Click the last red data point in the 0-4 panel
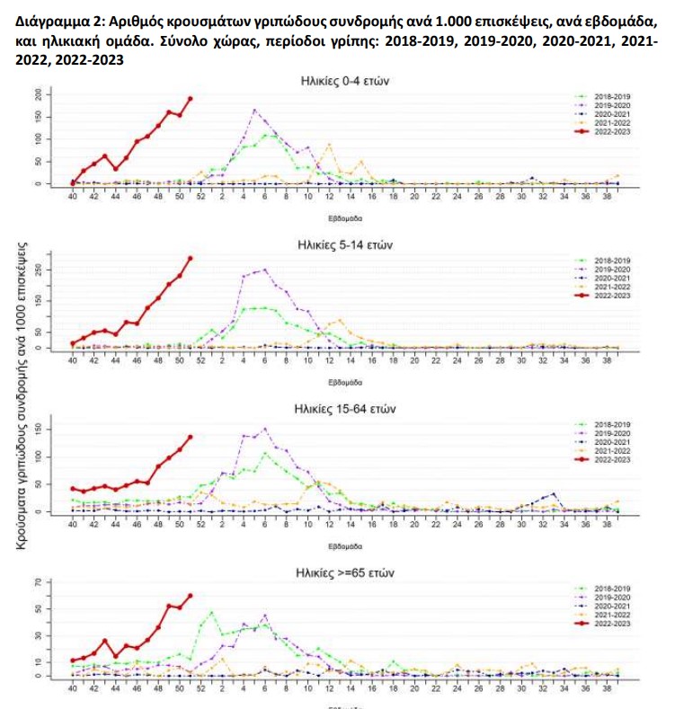190,99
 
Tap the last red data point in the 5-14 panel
190,259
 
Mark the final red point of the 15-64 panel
190,438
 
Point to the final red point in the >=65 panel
190,596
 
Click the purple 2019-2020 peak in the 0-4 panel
254,111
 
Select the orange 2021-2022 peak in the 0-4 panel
329,144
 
